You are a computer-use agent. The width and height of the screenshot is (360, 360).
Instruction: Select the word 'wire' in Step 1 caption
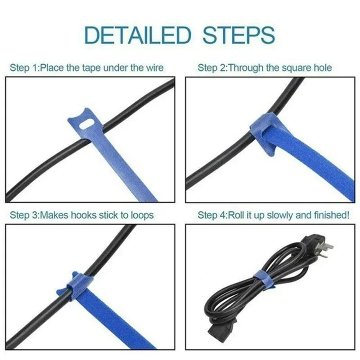(154, 68)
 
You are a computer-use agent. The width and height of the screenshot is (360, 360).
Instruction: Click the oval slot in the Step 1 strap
(84, 121)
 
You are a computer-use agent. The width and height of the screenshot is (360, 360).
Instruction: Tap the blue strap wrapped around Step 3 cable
(75, 288)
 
